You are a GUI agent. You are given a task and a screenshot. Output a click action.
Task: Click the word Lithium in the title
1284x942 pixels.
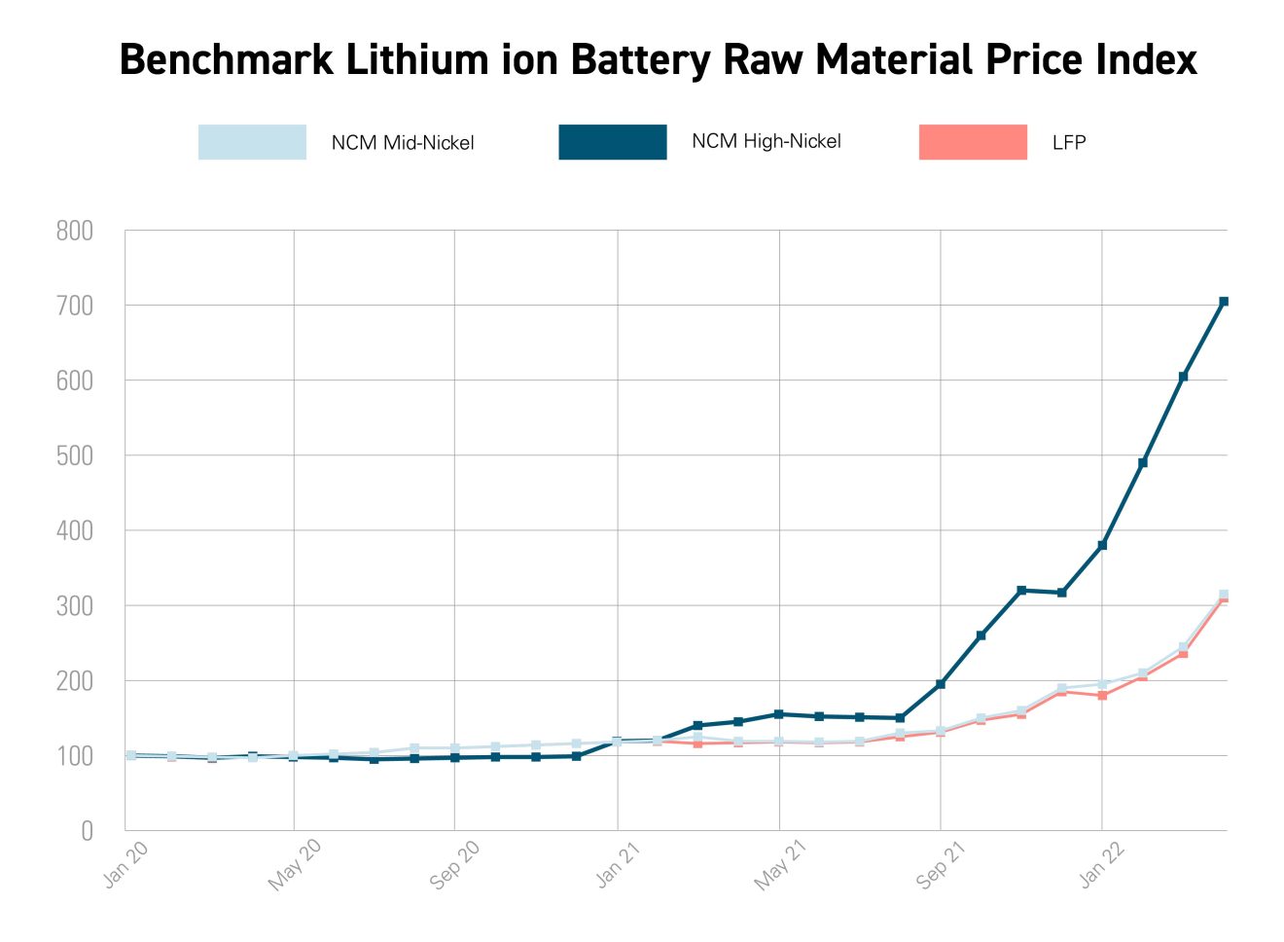tap(413, 59)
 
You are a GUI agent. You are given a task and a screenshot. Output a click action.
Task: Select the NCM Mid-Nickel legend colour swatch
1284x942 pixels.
tap(252, 142)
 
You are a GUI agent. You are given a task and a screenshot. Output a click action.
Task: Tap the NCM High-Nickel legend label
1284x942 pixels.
tap(766, 141)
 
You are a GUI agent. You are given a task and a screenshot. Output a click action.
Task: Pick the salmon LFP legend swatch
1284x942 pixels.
tap(973, 142)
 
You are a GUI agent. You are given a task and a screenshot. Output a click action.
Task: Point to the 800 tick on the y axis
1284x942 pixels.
tap(75, 231)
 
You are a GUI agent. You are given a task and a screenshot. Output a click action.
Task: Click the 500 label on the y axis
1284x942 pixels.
tap(75, 455)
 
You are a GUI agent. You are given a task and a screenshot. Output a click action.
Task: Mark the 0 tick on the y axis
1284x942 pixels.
tap(88, 831)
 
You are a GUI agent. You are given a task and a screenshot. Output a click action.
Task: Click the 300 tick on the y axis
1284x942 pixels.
tap(75, 606)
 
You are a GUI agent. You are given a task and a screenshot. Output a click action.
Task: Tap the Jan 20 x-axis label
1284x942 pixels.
tap(126, 864)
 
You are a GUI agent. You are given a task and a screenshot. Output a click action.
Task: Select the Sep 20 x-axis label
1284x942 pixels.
tap(454, 864)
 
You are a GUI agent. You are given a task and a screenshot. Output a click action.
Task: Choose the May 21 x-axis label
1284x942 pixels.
tap(781, 864)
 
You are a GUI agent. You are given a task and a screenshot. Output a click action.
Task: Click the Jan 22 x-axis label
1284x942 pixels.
tap(1102, 864)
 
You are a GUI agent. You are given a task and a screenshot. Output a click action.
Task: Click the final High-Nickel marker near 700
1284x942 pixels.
tap(1224, 302)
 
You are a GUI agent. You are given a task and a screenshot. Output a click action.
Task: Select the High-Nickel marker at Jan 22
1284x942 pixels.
tap(1102, 545)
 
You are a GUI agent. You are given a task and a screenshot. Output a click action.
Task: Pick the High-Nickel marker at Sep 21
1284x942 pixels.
tap(941, 684)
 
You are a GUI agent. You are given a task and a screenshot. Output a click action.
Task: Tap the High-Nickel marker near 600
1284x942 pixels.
tap(1183, 377)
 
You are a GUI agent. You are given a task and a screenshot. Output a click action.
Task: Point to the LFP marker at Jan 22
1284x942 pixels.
tap(1102, 696)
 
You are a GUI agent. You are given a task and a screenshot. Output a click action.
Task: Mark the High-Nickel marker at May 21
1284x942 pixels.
tap(779, 714)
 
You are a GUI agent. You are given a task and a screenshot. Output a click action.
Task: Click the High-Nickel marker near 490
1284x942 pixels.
tap(1143, 462)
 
